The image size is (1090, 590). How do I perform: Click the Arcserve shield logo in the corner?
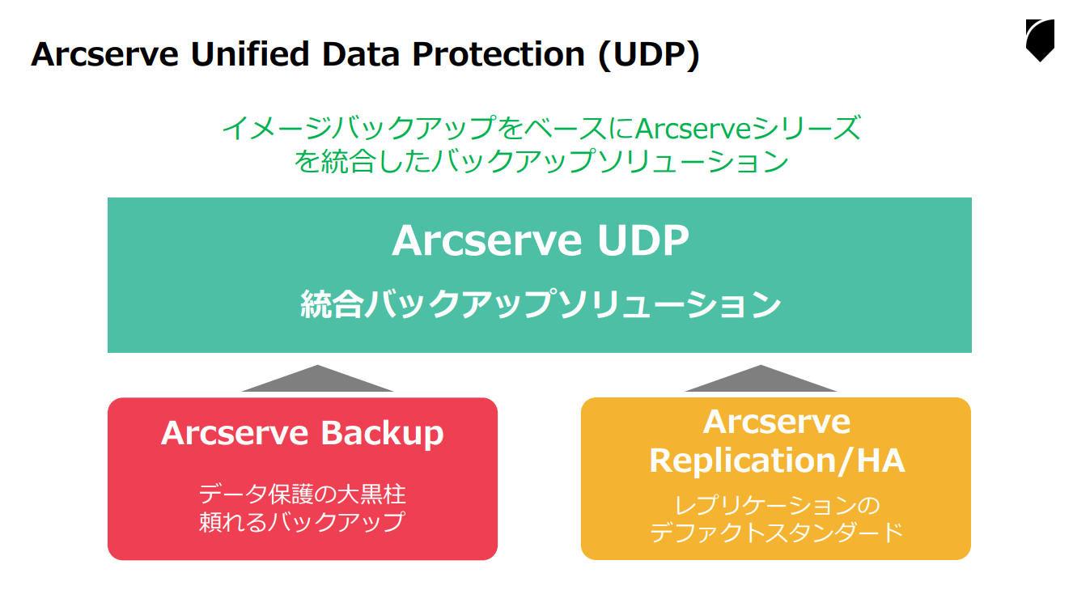click(x=1039, y=40)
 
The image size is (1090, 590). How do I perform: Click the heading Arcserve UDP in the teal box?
click(x=540, y=240)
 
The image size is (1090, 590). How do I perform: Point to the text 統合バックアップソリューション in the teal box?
click(x=540, y=305)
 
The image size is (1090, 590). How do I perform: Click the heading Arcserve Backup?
click(x=302, y=433)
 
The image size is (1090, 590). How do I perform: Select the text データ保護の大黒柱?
click(x=302, y=493)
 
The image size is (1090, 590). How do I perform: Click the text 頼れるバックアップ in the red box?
click(x=302, y=521)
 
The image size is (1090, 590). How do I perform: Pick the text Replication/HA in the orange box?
click(x=776, y=461)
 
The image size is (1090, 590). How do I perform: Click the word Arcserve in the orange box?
click(x=776, y=422)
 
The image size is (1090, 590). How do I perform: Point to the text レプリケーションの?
click(x=776, y=506)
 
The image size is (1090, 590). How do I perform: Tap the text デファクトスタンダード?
click(x=776, y=533)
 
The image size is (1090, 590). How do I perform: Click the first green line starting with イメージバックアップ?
click(x=540, y=129)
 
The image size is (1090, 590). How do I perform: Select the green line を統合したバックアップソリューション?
click(x=540, y=161)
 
